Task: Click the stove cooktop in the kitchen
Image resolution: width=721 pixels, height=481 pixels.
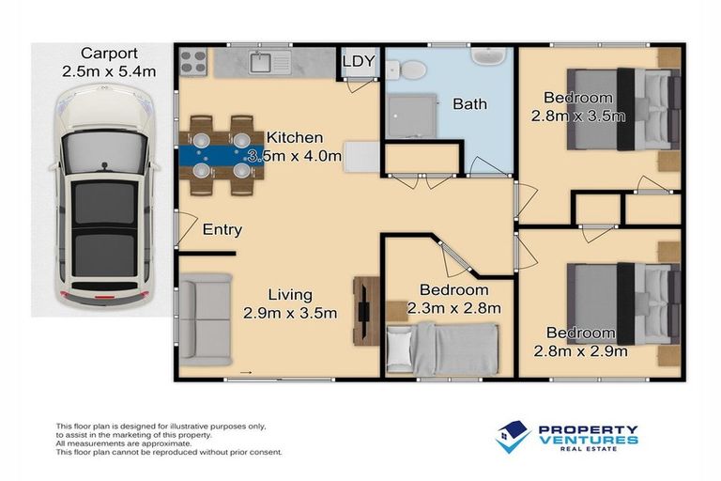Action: tap(193, 63)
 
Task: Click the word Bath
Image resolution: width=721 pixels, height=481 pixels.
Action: tap(469, 103)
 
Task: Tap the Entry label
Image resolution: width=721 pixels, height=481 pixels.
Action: tap(222, 229)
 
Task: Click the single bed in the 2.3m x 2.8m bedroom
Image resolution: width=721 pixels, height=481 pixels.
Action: tap(441, 349)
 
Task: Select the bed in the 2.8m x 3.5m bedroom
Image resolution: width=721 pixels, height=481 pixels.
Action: tap(624, 110)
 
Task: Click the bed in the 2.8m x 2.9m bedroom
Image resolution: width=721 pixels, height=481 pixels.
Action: tap(624, 303)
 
